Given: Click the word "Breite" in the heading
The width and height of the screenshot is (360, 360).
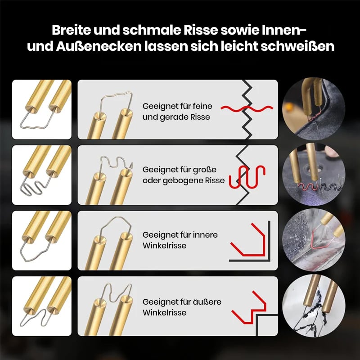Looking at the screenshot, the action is click(x=71, y=30).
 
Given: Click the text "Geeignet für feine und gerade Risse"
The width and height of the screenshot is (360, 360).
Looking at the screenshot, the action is click(x=177, y=112).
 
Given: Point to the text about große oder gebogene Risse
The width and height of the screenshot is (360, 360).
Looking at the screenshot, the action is click(x=184, y=175).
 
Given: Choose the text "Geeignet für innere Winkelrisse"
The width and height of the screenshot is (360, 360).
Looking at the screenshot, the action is click(x=180, y=240).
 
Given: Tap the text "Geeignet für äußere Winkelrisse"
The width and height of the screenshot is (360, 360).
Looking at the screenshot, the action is click(x=182, y=307).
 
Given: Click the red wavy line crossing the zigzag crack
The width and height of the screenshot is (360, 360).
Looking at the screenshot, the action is click(x=247, y=108).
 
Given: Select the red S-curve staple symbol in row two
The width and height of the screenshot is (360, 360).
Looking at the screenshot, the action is click(x=247, y=177).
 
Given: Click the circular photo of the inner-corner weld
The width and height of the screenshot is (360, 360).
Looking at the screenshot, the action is click(x=314, y=240).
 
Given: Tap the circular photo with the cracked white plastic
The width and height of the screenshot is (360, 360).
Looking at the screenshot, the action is click(x=314, y=306).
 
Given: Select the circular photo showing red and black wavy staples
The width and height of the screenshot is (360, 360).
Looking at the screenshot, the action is click(x=314, y=175).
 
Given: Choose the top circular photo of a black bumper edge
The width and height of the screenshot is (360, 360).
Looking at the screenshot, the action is click(x=314, y=109).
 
